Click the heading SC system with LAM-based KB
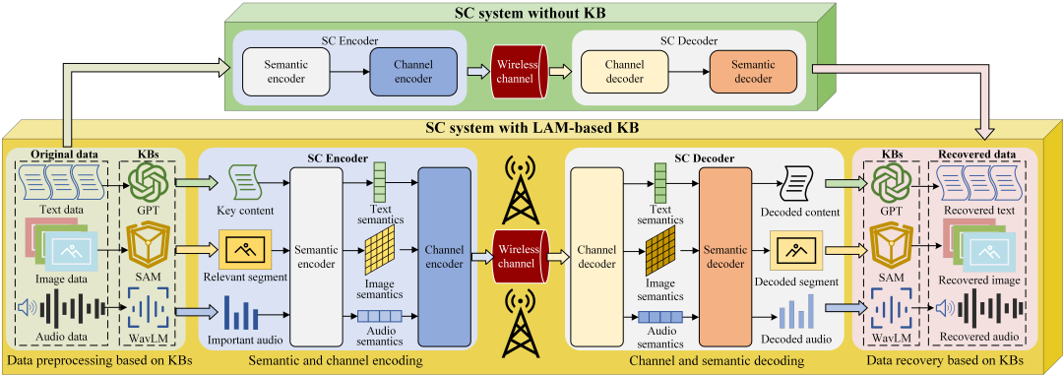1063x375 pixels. coord(531,128)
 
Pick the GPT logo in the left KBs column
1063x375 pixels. coord(148,181)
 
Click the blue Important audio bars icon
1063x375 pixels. coord(243,312)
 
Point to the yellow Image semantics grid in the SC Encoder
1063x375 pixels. coord(381,250)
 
